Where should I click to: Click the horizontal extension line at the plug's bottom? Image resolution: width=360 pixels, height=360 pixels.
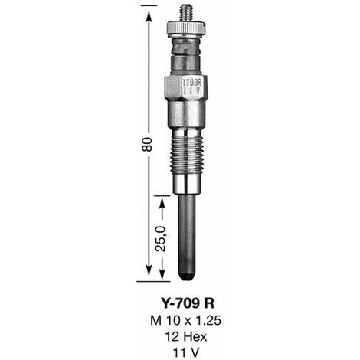click(x=161, y=278)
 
